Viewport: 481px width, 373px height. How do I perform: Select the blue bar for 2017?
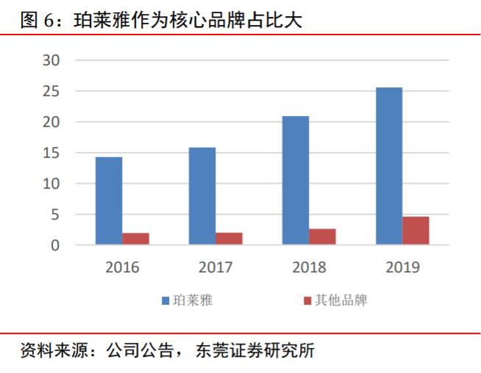coord(202,196)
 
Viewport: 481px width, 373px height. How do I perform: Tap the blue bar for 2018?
coord(296,180)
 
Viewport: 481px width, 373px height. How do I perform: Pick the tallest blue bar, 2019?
coord(389,166)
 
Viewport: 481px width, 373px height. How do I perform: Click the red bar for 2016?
coord(136,239)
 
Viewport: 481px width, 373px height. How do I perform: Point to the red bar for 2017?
coord(229,239)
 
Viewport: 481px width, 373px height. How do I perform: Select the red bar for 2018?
coord(323,236)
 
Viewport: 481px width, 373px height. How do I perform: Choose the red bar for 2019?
coord(416,231)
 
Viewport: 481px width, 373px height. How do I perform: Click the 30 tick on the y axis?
coord(50,60)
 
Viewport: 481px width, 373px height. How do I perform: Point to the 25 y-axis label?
coord(50,91)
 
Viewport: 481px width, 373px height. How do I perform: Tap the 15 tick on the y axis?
coord(50,153)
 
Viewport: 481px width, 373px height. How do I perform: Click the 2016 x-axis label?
coord(122,267)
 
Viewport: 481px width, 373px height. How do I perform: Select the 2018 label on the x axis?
coord(309,267)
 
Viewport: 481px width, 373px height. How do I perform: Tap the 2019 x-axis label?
coord(402,267)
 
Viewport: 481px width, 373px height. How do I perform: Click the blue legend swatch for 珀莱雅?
coord(166,300)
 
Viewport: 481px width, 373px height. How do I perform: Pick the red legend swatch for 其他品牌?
coord(307,300)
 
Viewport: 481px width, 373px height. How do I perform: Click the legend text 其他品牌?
coord(341,300)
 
